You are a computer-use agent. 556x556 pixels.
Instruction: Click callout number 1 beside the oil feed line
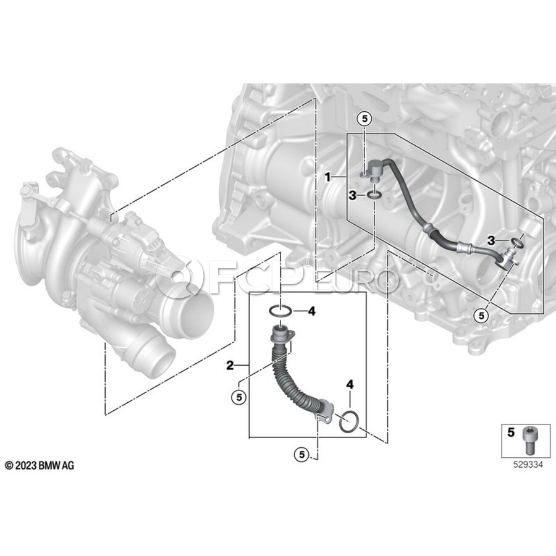click(x=329, y=177)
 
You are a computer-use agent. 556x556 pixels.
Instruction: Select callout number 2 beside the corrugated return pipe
click(x=230, y=366)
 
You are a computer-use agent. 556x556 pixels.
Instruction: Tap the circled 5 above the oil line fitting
click(x=364, y=118)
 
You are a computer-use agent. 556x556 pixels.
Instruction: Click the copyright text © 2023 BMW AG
click(x=39, y=465)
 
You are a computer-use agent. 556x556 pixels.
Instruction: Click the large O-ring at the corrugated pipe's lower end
click(x=350, y=423)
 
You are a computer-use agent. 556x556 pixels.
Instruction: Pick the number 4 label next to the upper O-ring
click(x=311, y=311)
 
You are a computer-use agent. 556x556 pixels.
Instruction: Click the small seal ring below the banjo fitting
click(x=373, y=196)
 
